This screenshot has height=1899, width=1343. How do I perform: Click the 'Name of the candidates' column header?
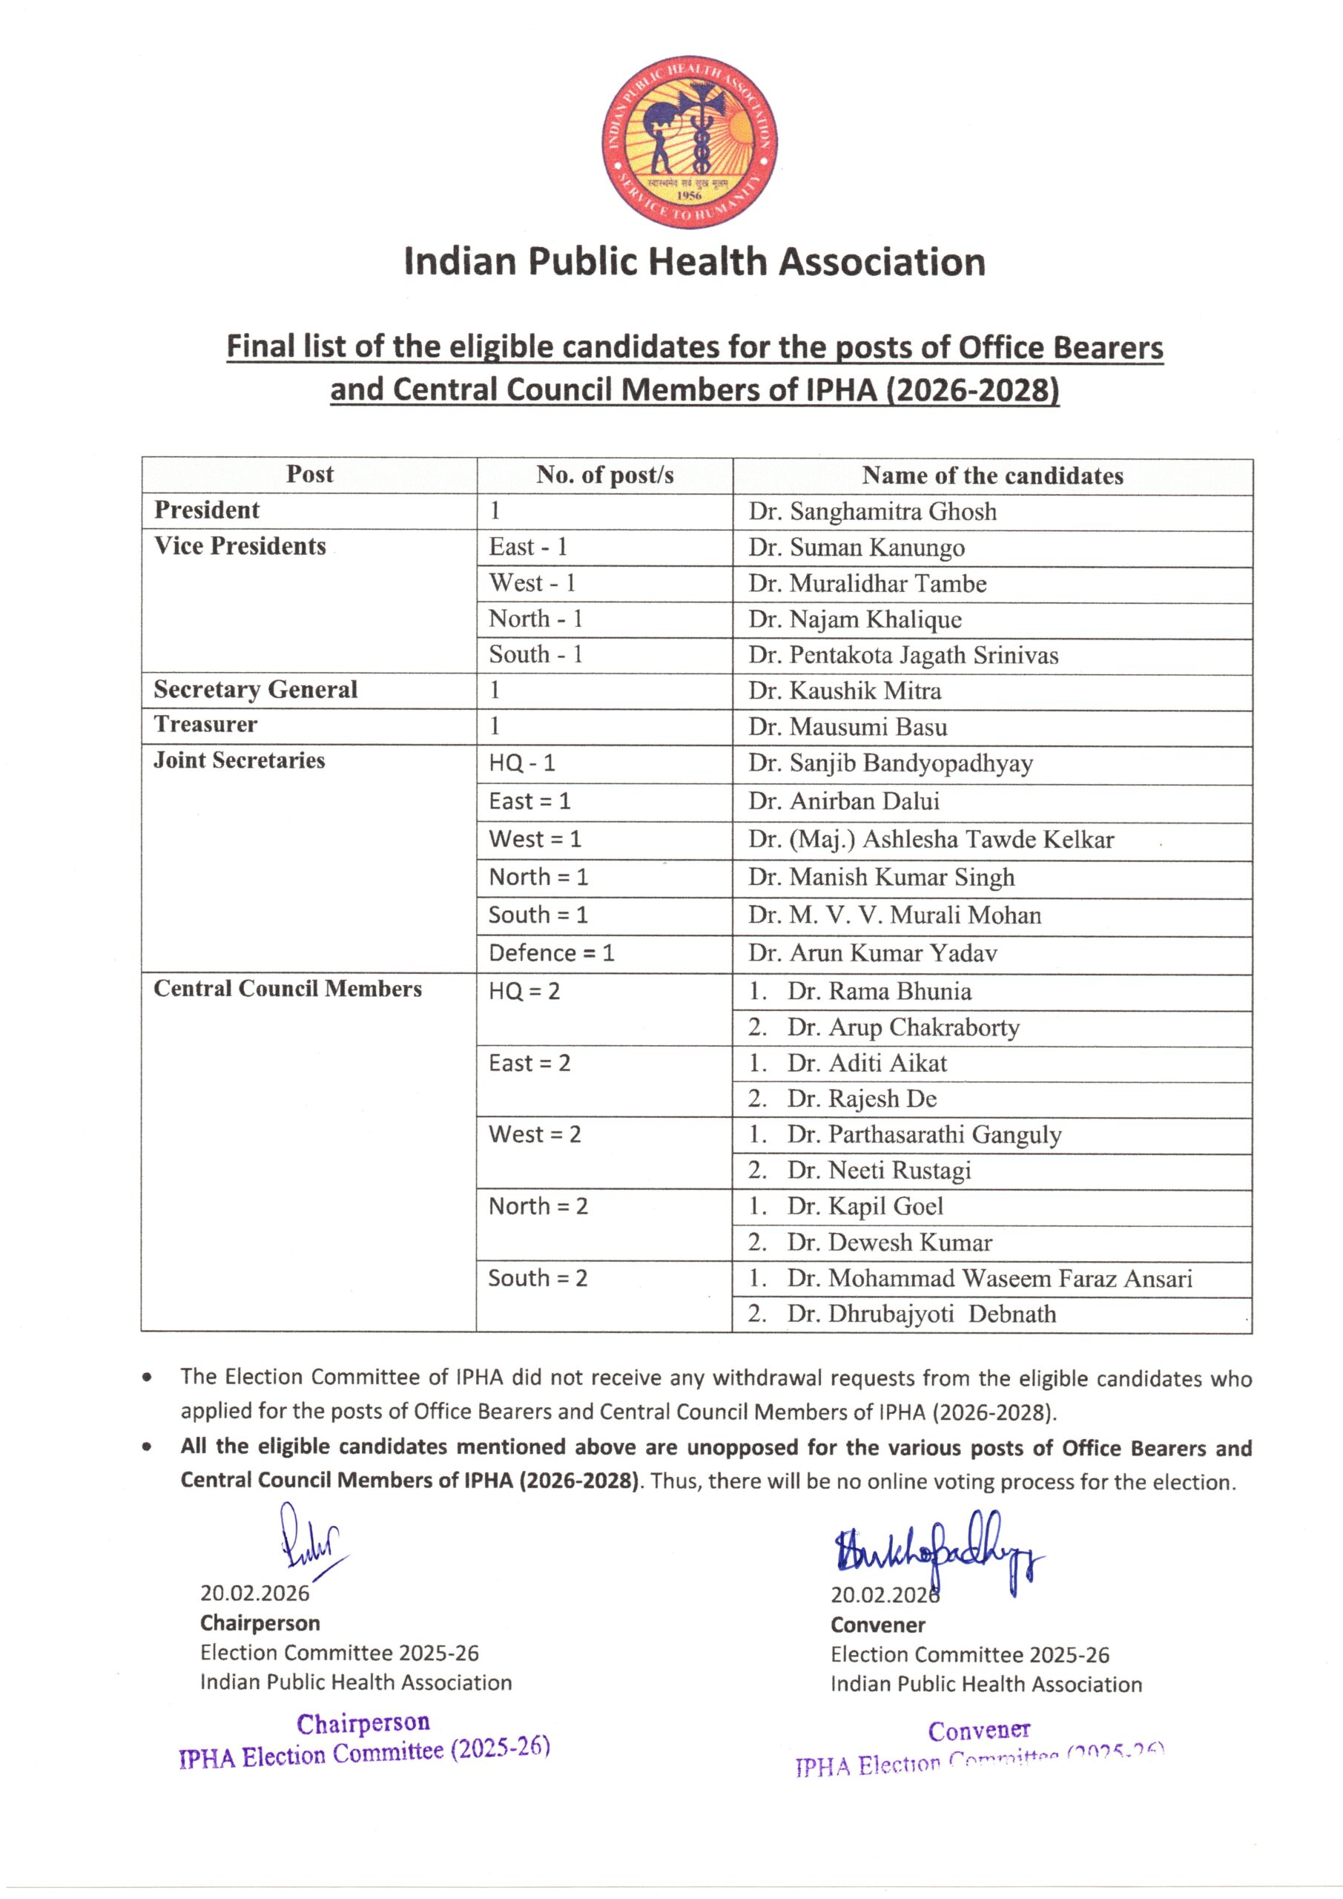(992, 475)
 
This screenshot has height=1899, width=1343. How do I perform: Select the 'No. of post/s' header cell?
(604, 475)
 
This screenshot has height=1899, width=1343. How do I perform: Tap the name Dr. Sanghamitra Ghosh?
(872, 512)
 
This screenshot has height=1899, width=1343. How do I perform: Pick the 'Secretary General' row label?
(256, 689)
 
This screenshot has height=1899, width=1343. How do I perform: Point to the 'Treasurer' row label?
(206, 725)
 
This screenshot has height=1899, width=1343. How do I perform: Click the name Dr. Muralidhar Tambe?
(868, 584)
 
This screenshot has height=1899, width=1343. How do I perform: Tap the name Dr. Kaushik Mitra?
(845, 691)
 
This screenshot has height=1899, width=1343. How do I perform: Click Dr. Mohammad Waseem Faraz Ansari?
(989, 1279)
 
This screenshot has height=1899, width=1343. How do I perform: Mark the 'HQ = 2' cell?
(524, 991)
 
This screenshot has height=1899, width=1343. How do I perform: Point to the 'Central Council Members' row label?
(288, 990)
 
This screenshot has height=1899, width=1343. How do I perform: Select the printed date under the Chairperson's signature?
(254, 1593)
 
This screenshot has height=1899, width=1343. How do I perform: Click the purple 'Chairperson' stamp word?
(364, 1724)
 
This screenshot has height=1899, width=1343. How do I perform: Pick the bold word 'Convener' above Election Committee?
(877, 1625)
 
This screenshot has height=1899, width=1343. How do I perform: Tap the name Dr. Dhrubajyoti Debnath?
(921, 1314)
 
